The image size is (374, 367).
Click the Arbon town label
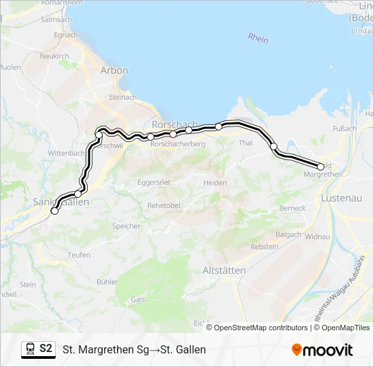click(114, 70)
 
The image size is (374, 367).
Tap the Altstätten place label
click(224, 270)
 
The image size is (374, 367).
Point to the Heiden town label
click(215, 183)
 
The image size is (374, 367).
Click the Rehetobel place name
click(163, 205)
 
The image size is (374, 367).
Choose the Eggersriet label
click(154, 182)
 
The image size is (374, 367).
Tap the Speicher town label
click(126, 226)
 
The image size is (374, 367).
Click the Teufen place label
click(79, 255)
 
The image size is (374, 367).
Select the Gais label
click(138, 298)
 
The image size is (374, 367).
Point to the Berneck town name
click(292, 208)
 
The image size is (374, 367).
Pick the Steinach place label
click(123, 98)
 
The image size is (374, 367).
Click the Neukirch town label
click(54, 56)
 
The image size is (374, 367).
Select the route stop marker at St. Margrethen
click(321, 167)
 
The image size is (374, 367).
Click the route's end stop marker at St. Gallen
click(54, 211)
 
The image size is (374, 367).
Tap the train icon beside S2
click(30, 349)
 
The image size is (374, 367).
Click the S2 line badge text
click(46, 349)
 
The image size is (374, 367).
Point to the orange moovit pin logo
click(296, 350)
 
